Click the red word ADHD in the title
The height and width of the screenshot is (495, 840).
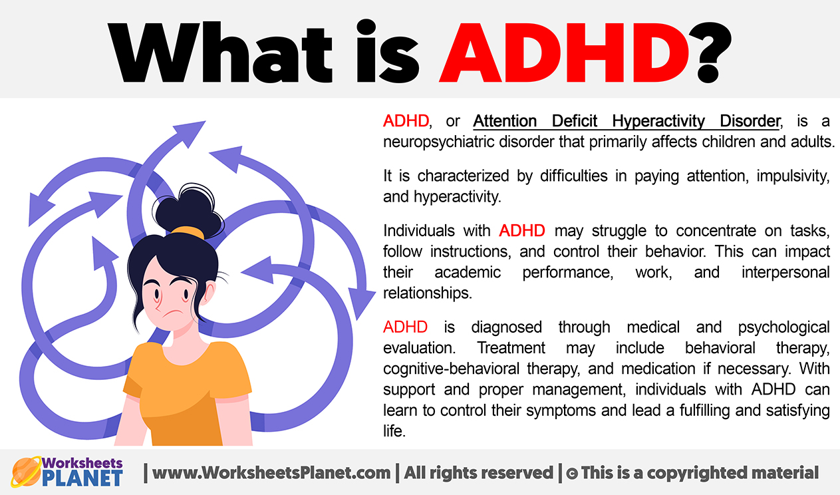tap(565, 52)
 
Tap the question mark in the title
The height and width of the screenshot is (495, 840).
tap(710, 52)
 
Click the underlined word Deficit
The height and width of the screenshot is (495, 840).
tap(574, 121)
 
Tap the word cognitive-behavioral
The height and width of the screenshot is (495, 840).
tap(451, 369)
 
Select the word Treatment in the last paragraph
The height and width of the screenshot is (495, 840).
tap(511, 348)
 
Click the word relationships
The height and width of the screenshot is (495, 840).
tap(428, 293)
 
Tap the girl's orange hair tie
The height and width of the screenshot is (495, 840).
tap(187, 232)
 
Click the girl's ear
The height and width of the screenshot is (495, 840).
tap(210, 293)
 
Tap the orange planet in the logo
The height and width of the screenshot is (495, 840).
tap(26, 472)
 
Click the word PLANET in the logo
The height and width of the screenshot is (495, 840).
tap(82, 478)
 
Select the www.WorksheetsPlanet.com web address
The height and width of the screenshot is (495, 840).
tap(271, 473)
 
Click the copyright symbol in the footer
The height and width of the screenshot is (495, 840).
tap(572, 474)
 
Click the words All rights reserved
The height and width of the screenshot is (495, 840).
tap(478, 473)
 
